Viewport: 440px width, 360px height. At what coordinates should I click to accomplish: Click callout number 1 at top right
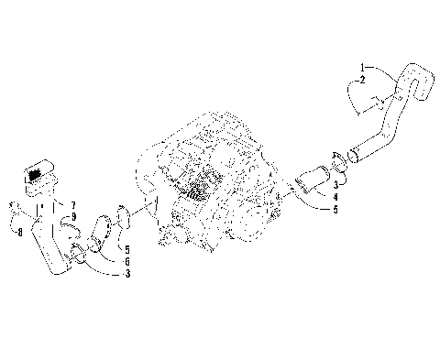[x=363, y=68]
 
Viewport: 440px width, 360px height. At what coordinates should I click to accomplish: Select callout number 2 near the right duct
[x=363, y=81]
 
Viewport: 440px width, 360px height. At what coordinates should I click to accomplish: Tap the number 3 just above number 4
[x=335, y=185]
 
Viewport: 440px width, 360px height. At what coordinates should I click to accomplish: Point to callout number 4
[x=335, y=196]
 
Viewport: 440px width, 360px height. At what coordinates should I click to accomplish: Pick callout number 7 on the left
[x=74, y=203]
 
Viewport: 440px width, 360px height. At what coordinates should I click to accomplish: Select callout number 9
[x=74, y=215]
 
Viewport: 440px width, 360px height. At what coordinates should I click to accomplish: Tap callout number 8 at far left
[x=18, y=233]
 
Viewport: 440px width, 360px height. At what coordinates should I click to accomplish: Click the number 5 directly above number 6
[x=127, y=249]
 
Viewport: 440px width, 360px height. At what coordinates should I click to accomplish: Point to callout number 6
[x=127, y=261]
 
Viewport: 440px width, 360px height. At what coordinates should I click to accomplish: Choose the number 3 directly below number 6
[x=127, y=274]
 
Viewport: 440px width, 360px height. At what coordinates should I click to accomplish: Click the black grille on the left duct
[x=37, y=172]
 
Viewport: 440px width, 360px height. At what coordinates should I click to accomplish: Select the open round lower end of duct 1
[x=349, y=165]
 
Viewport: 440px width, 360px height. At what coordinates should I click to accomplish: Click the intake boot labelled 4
[x=309, y=178]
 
